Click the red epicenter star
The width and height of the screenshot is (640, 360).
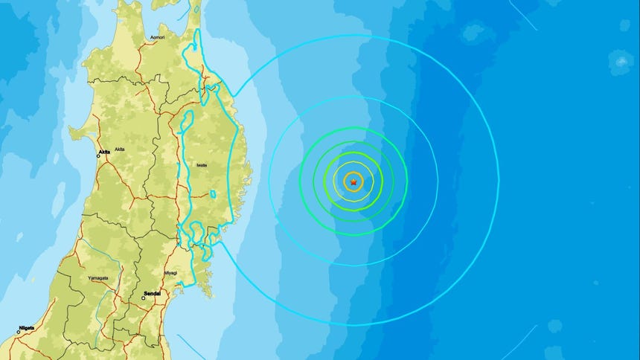(x=353, y=181)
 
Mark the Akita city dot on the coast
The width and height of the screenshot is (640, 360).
(x=99, y=155)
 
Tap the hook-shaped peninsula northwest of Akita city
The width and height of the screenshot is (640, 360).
(x=77, y=133)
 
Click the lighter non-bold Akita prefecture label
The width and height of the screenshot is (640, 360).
(x=120, y=150)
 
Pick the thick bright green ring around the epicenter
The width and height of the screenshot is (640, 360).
(x=382, y=181)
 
